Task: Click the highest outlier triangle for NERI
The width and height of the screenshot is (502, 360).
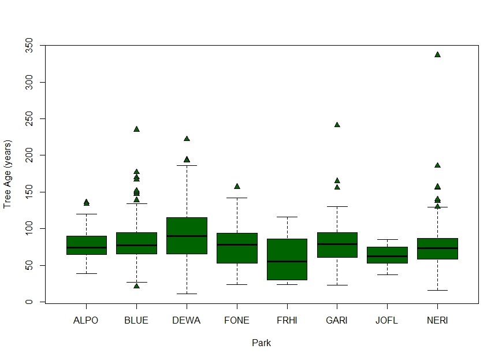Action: [437, 54]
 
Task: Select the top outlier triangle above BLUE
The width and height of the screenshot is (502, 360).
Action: [136, 129]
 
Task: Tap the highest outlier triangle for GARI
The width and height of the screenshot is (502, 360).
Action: [337, 124]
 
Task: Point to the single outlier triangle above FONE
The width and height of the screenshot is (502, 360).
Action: [237, 186]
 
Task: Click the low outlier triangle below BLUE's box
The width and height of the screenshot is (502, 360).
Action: [136, 285]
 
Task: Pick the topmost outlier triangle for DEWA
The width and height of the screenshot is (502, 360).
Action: [187, 139]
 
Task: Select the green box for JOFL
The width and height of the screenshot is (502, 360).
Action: [387, 255]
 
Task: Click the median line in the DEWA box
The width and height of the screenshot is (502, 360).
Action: [187, 236]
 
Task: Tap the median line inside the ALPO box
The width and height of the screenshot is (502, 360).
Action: [86, 247]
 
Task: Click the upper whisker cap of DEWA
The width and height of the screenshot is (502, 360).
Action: [187, 165]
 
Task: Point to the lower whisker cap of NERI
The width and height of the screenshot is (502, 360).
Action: [437, 290]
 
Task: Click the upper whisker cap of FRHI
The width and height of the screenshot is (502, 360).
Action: [287, 217]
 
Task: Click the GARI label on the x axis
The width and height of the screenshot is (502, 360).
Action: [337, 321]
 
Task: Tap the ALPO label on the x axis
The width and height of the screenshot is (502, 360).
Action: [86, 321]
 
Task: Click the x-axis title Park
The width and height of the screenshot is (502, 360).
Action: [261, 343]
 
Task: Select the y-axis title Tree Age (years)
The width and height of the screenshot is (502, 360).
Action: [8, 174]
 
